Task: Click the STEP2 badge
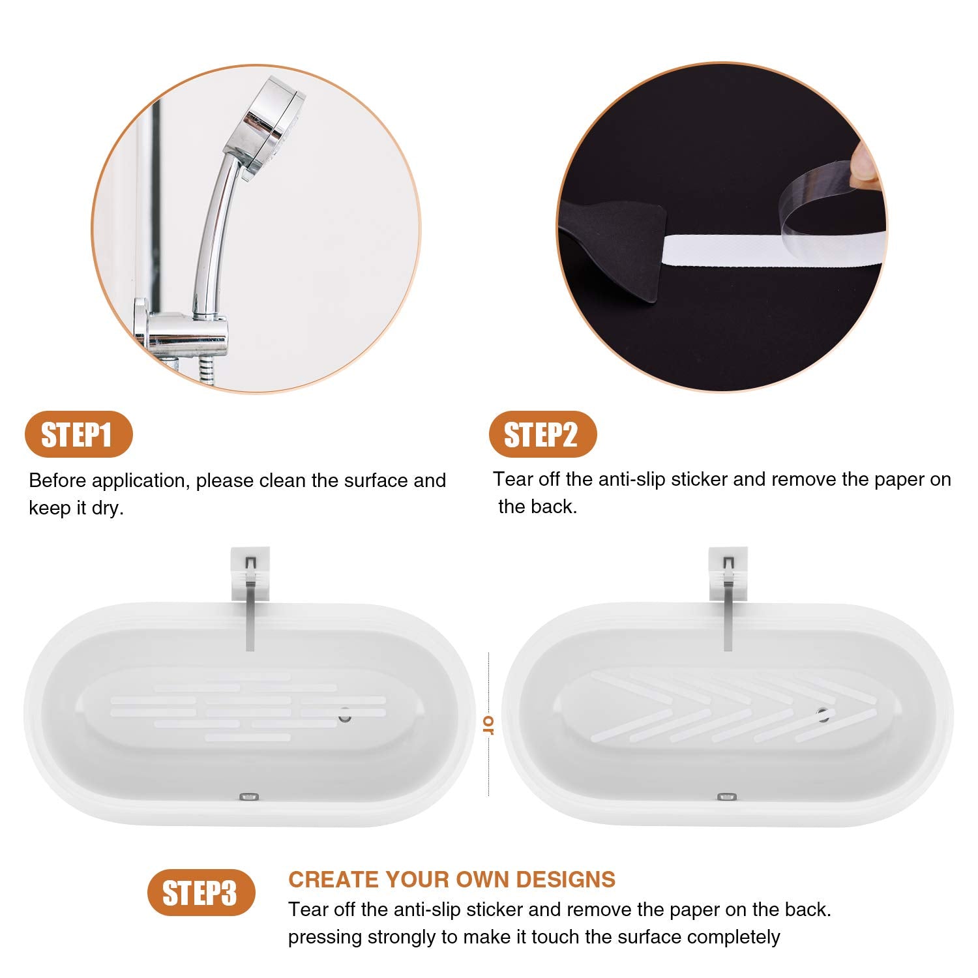542,434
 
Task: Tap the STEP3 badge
200,893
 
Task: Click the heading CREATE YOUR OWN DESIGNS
452,880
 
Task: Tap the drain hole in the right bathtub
823,715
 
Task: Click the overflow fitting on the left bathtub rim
250,797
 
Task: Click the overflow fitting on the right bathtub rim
726,797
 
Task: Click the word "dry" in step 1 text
107,508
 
